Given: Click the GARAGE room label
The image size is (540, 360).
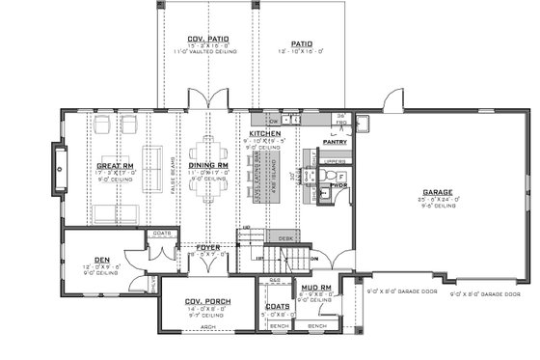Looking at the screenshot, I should [439, 191].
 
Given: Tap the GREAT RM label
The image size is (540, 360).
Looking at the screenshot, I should [114, 166].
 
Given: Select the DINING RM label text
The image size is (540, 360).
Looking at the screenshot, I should [207, 166].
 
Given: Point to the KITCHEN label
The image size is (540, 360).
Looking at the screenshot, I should [264, 132].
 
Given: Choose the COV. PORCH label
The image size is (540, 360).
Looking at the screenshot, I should [204, 301].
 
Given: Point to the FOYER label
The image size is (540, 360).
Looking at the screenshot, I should [208, 247].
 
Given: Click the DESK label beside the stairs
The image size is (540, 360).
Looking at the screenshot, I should [283, 235].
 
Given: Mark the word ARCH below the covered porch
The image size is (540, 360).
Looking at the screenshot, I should [204, 325].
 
